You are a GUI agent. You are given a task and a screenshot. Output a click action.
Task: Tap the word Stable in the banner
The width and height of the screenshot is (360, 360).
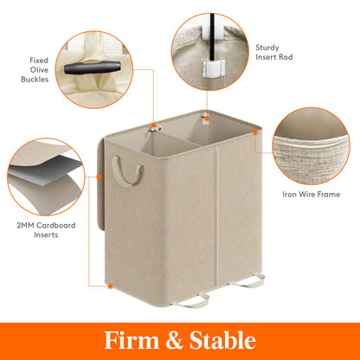coord(221,339)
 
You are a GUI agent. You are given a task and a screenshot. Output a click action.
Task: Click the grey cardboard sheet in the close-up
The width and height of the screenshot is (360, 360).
coord(43,180)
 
